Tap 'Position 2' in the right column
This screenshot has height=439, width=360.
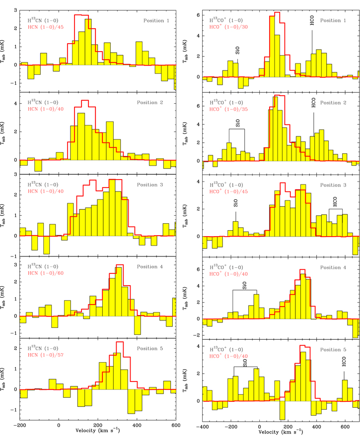coord(336,103)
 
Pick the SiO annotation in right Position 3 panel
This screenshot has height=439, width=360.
coord(236,202)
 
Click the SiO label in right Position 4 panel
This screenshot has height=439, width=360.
coord(244,285)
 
